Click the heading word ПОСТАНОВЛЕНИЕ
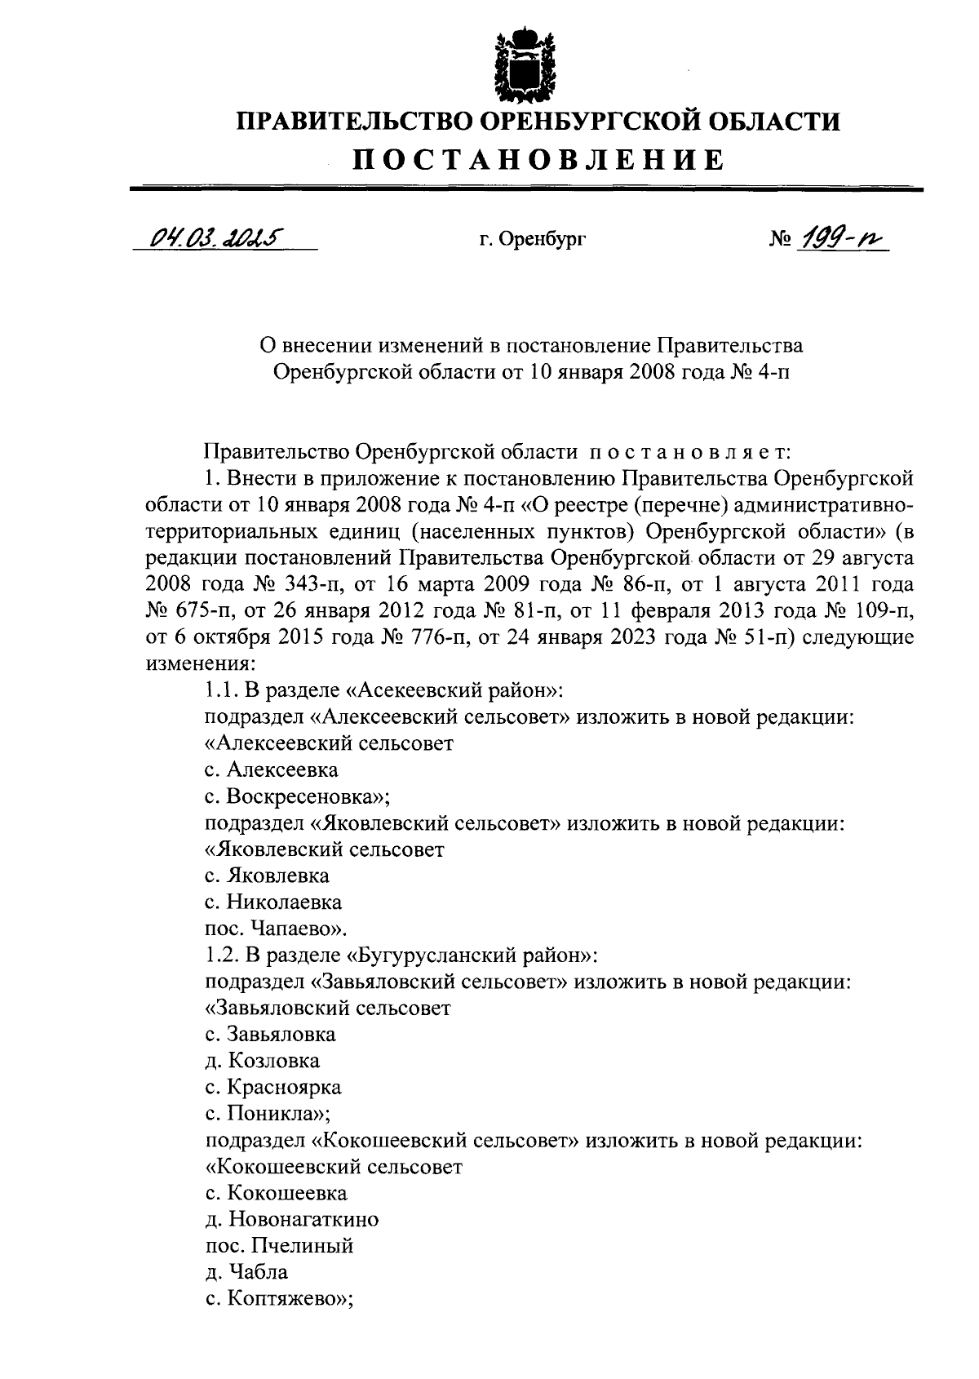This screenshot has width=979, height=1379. (538, 159)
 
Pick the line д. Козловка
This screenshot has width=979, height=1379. (262, 1061)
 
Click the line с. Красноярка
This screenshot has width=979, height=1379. (272, 1087)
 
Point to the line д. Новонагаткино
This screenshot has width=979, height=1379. (291, 1220)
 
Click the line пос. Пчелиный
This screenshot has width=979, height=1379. (278, 1246)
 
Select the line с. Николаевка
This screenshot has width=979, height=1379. (272, 902)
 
